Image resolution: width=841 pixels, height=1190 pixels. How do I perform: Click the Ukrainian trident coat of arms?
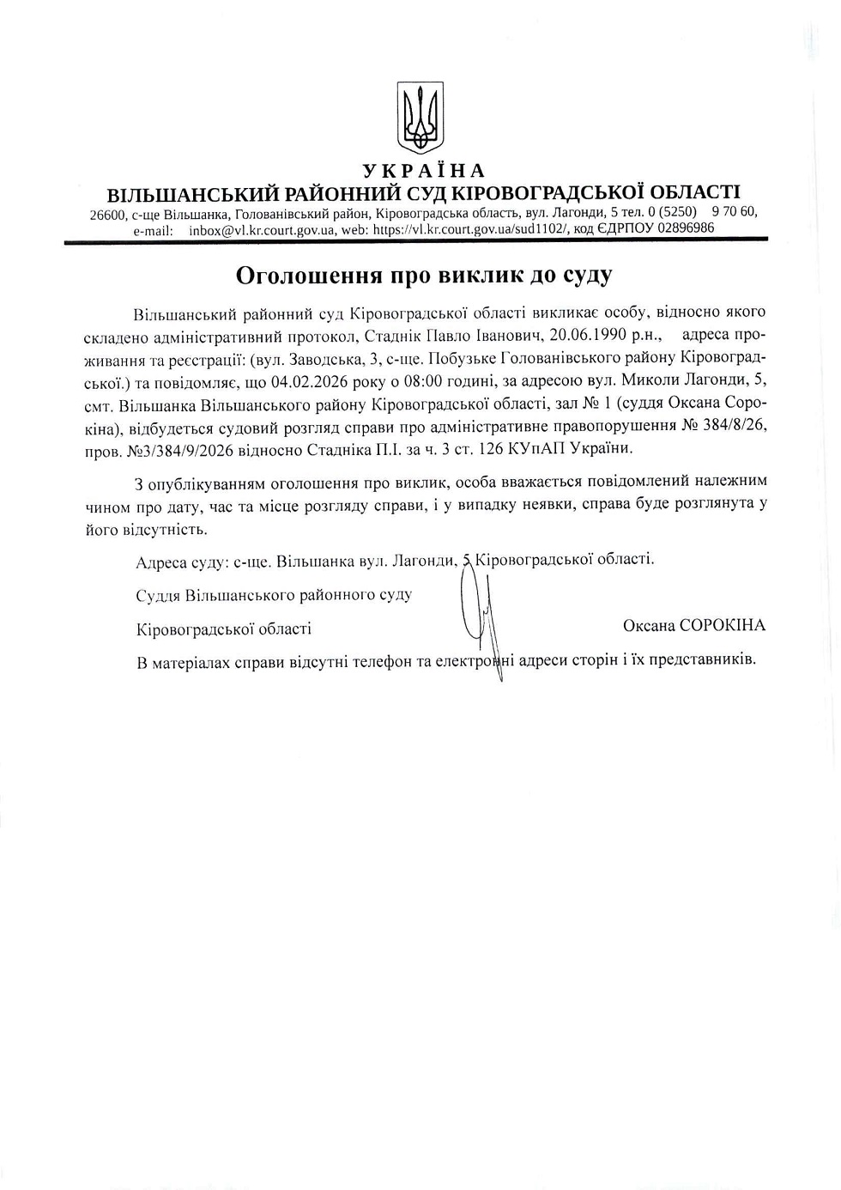point(420,117)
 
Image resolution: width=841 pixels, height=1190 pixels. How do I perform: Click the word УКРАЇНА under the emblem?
point(424,171)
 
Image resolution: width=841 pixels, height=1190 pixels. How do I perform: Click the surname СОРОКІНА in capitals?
point(722,625)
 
